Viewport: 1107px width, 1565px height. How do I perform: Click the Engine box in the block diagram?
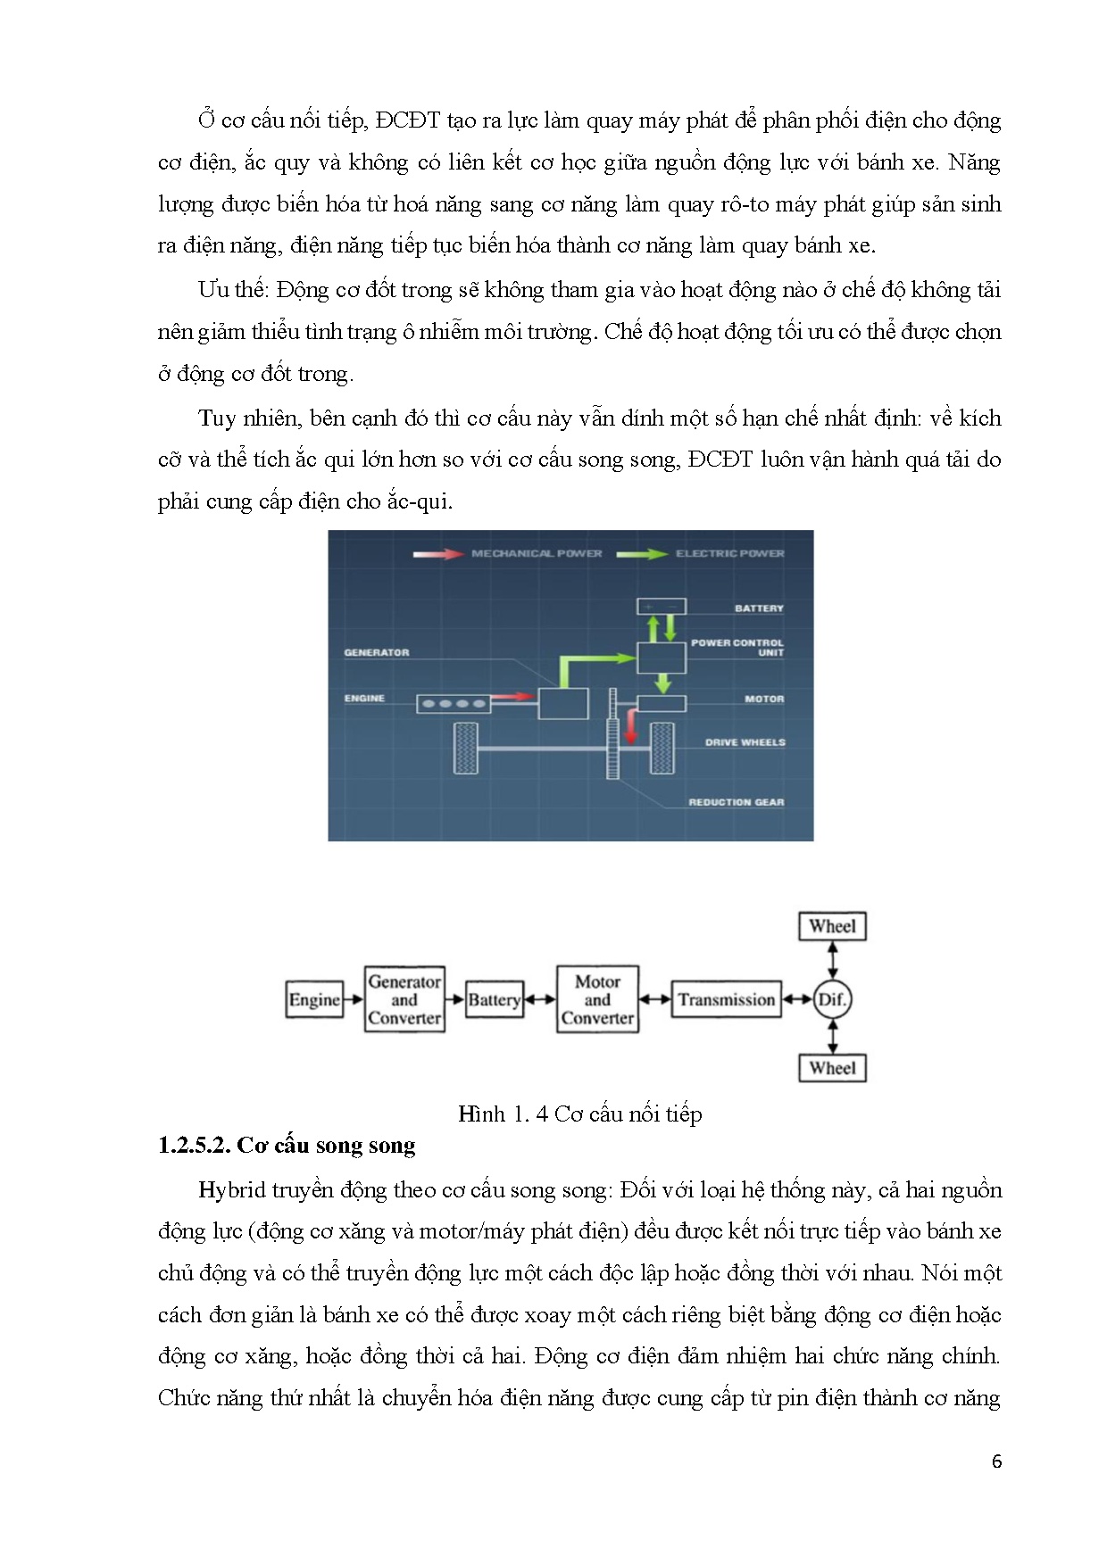coord(314,999)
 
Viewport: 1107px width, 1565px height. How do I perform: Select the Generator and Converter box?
coord(404,999)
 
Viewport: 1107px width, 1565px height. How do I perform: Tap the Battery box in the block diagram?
coord(494,999)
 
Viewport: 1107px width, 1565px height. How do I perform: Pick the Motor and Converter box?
coord(597,999)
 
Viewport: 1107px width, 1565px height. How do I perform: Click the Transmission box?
coord(726,999)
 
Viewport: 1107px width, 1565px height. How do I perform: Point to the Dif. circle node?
coord(832,999)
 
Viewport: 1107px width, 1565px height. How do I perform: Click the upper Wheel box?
coord(832,926)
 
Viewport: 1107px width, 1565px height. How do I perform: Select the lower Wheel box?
coord(832,1068)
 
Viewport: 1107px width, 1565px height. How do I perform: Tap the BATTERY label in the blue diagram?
coord(759,609)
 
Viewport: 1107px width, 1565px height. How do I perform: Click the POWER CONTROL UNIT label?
coord(737,648)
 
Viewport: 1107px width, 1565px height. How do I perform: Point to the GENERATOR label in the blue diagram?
coord(377,653)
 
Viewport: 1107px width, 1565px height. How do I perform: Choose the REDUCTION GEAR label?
coord(736,803)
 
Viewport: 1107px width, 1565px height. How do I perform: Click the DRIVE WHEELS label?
coord(745,742)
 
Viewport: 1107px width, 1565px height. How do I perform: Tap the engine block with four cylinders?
coord(454,704)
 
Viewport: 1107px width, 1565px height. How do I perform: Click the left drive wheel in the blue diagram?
coord(466,748)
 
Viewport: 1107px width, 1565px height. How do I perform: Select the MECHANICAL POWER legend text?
coord(537,554)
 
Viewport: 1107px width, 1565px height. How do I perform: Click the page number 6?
coord(996,1461)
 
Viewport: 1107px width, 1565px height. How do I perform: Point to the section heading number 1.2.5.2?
coord(194,1146)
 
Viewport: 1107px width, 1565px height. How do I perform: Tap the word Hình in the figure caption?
coord(481,1114)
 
